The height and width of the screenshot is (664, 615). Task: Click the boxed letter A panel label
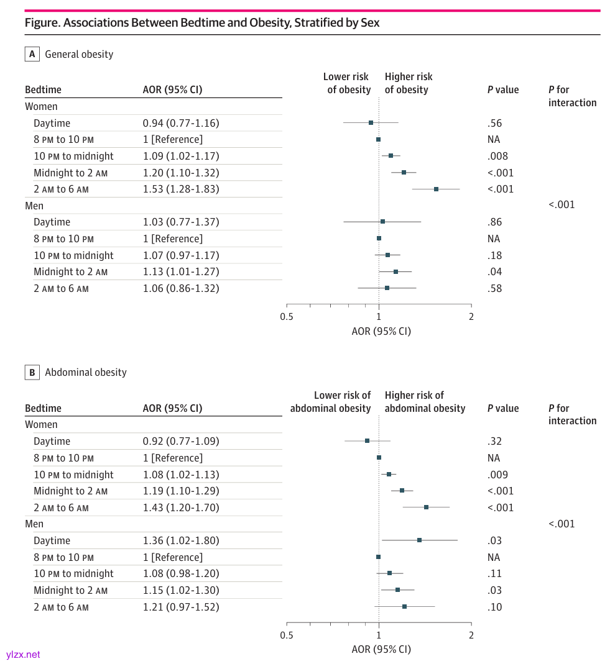point(32,54)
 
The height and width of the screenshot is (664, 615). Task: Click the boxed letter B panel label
point(32,373)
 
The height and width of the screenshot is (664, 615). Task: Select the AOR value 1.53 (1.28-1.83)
point(181,189)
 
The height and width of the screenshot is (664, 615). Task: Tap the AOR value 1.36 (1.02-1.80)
point(181,540)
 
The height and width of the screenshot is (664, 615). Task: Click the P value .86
point(495,222)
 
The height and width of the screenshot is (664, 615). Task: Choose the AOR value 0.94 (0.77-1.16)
point(181,123)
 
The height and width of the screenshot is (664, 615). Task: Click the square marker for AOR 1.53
point(436,189)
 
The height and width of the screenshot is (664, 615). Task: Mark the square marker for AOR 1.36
point(419,540)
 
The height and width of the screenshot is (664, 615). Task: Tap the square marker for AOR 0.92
point(367,441)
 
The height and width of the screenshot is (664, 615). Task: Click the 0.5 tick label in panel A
point(287,317)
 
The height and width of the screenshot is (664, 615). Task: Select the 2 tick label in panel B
point(471,635)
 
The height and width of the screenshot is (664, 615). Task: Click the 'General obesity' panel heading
point(79,54)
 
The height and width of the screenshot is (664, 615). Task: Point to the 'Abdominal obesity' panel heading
point(86,373)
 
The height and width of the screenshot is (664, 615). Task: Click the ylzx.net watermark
point(23,654)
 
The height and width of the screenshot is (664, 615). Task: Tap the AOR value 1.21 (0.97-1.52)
point(181,607)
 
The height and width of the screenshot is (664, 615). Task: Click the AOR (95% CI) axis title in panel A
point(381,331)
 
